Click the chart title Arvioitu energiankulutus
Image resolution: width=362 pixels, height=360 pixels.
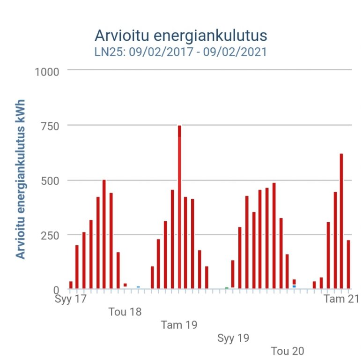(181, 36)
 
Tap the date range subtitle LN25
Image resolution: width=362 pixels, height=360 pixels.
(181, 52)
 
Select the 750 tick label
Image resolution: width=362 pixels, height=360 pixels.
(50, 126)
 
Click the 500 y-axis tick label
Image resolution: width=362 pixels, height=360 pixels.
(50, 180)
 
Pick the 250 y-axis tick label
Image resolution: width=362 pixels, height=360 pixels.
(50, 235)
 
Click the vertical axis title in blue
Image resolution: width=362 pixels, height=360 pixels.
(21, 178)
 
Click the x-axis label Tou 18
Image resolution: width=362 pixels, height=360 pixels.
(125, 312)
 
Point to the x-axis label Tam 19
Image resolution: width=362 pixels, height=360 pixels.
(179, 324)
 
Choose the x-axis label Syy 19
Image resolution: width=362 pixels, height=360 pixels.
(233, 337)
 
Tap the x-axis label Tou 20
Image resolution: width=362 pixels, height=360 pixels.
(288, 351)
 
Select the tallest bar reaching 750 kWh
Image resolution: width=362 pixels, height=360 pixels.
(179, 206)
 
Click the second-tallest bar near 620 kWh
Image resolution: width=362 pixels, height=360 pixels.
(341, 220)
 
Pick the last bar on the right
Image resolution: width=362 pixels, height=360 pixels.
(348, 264)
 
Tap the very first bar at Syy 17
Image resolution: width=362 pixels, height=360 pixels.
(71, 285)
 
